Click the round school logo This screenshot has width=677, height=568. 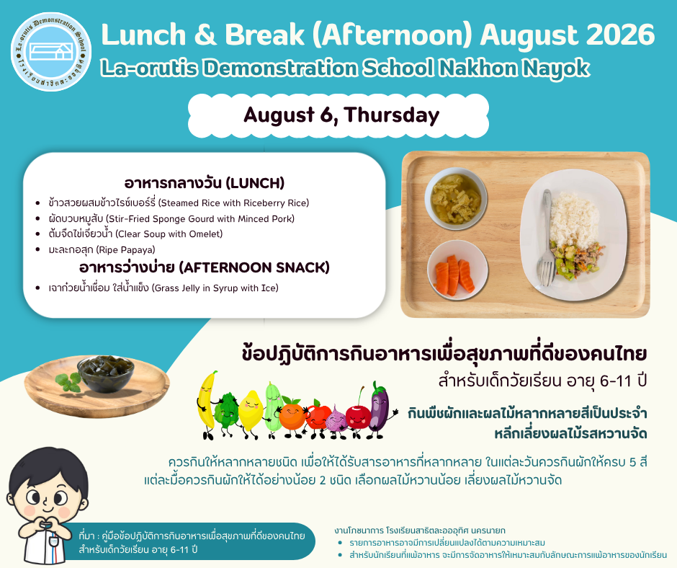pos(51,51)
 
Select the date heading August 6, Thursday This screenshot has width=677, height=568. pos(341,115)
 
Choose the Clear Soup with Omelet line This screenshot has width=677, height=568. pos(135,234)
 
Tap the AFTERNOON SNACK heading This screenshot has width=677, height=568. pos(205,267)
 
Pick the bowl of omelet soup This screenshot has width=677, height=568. pos(456,198)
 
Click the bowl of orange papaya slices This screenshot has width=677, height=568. pos(457,270)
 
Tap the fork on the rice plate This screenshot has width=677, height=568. pos(546,238)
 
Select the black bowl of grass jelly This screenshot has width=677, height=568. pos(105,373)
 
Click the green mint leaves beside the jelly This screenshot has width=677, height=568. pos(68,382)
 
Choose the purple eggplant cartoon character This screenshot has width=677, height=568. pos(380,410)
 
